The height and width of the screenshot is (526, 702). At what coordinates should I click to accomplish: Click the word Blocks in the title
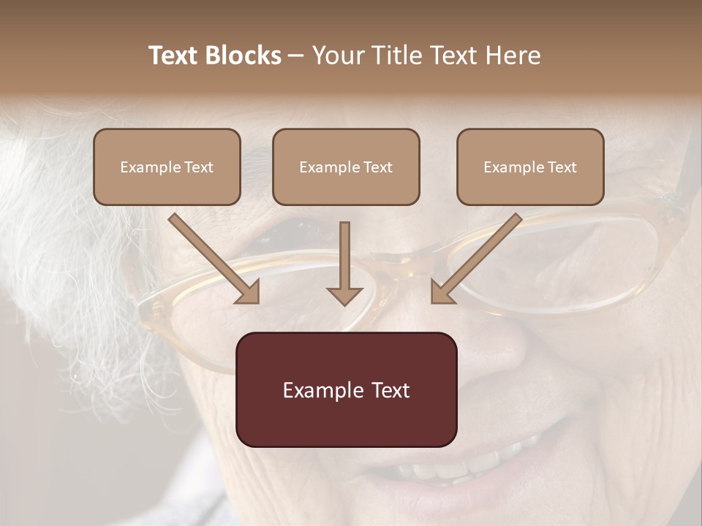pyautogui.click(x=245, y=56)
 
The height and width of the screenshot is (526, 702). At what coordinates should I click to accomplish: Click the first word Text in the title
pyautogui.click(x=175, y=56)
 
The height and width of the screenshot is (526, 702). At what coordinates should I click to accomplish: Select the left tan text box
pyautogui.click(x=167, y=167)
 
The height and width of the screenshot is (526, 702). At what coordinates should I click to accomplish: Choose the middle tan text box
pyautogui.click(x=346, y=167)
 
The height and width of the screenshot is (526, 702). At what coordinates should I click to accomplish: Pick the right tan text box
pyautogui.click(x=530, y=167)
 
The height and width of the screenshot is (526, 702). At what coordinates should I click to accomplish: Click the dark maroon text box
pyautogui.click(x=346, y=389)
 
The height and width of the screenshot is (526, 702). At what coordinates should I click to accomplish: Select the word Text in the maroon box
pyautogui.click(x=393, y=390)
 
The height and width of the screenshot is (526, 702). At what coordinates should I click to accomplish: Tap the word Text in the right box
pyautogui.click(x=562, y=167)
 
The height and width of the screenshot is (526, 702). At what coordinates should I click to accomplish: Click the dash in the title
pyautogui.click(x=296, y=56)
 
